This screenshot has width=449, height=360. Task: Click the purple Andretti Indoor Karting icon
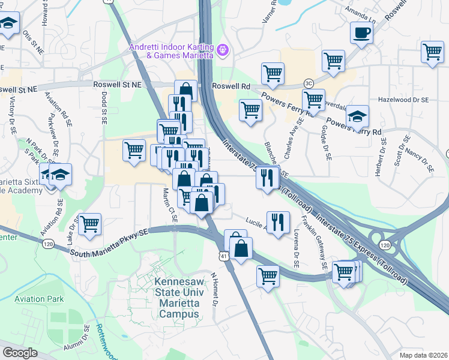pos(223,50)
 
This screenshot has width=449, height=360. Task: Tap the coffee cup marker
pos(361,33)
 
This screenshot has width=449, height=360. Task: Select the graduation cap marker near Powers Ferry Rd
pos(358,116)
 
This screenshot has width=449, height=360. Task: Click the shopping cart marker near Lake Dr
pos(89,224)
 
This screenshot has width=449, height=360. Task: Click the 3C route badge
pos(309,83)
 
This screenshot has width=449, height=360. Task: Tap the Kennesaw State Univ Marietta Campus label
pos(175,298)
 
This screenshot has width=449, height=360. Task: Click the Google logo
pos(20,353)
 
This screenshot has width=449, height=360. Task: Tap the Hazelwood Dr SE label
pos(403,100)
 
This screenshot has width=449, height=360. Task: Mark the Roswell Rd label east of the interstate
pos(231,86)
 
